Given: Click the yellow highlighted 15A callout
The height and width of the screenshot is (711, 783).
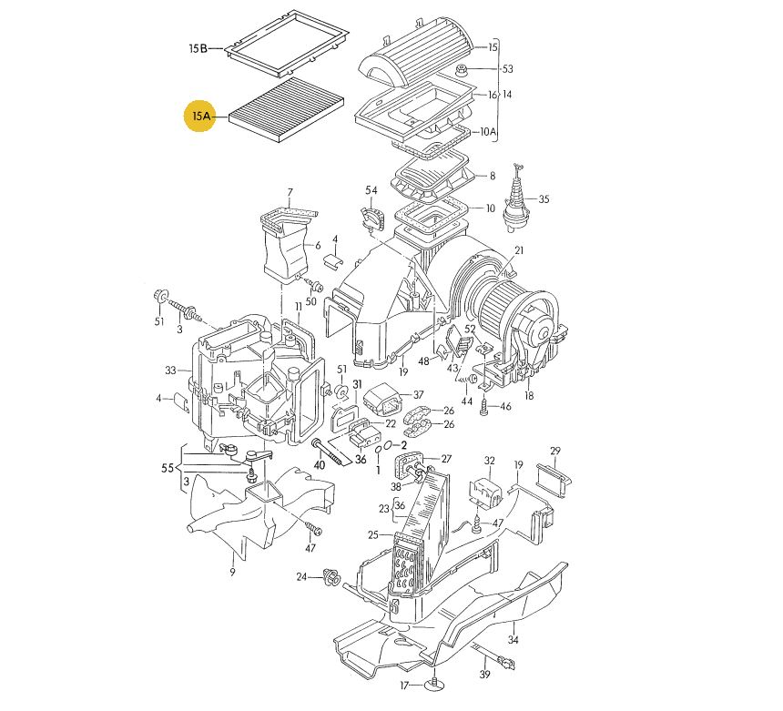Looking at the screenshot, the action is click(x=200, y=117).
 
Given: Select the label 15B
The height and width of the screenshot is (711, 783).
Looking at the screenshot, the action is click(x=198, y=48).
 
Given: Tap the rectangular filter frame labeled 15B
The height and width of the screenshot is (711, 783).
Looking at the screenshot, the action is click(x=287, y=43).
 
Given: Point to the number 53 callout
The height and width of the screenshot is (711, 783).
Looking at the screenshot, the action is click(x=507, y=69).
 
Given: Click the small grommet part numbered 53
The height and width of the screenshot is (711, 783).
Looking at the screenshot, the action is click(x=462, y=70).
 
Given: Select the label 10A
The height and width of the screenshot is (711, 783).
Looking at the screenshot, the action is click(x=488, y=132).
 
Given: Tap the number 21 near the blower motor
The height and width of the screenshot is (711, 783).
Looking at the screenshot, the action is click(x=519, y=250).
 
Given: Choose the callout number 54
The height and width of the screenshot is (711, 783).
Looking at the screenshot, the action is click(x=371, y=189).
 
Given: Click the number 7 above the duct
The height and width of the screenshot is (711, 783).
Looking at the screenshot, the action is click(x=290, y=192).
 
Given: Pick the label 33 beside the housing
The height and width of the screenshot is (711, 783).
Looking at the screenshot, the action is click(x=171, y=371).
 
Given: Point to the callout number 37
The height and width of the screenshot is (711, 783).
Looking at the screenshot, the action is click(x=418, y=394).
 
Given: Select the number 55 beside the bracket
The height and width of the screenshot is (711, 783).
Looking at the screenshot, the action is click(x=168, y=468).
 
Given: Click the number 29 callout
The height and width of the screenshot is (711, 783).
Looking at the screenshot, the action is click(x=555, y=451).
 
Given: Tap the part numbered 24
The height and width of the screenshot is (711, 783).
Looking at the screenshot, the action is click(x=332, y=578).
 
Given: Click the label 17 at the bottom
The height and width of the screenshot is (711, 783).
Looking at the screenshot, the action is click(x=404, y=686).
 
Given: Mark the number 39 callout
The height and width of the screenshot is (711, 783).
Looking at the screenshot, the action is click(x=484, y=674).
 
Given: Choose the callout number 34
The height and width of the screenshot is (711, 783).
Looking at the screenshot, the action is click(x=513, y=639).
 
